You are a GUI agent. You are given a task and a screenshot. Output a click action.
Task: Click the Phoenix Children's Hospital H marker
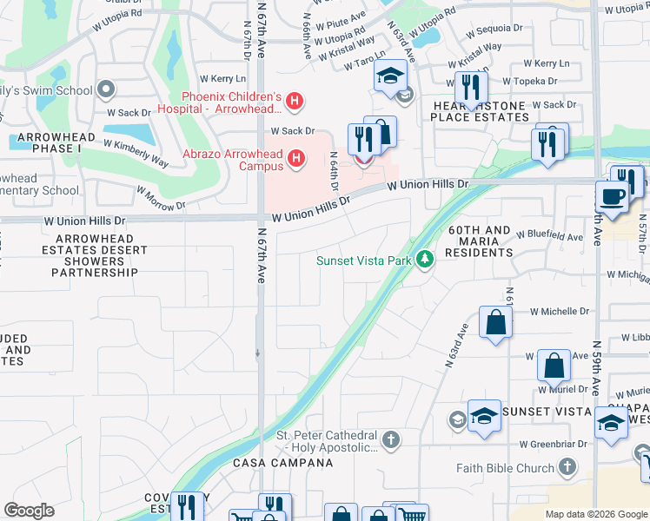295,102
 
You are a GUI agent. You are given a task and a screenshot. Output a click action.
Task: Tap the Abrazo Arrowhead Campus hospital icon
296,157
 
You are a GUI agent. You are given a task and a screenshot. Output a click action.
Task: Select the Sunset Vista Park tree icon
425,260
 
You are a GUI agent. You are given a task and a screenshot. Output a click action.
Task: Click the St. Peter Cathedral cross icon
391,440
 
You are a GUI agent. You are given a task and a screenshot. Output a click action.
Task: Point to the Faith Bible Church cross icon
567,468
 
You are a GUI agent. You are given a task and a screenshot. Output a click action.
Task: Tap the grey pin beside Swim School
107,89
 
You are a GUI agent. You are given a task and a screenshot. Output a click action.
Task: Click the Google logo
29,511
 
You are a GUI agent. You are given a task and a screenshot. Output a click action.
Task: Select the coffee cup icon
612,196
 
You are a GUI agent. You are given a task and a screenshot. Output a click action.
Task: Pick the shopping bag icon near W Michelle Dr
494,322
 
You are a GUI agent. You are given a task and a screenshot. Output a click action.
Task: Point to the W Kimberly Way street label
136,153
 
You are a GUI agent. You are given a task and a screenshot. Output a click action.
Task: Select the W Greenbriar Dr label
554,444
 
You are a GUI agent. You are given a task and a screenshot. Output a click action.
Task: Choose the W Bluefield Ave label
549,235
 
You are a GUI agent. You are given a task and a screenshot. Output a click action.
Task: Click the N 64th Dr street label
333,171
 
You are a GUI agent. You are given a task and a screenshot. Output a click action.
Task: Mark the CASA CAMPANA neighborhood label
282,463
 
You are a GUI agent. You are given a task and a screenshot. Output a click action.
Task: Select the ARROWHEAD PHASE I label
44,142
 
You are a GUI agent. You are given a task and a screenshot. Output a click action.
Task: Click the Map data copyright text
596,514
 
